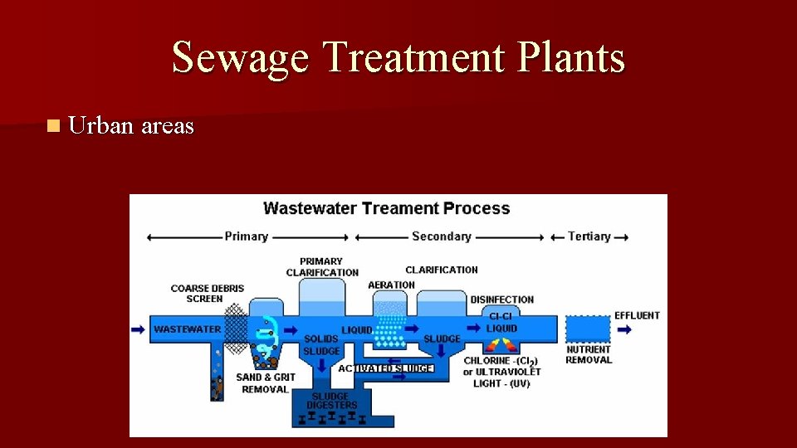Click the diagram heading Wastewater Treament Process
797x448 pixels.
[x=386, y=208]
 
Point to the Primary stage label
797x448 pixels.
[x=246, y=236]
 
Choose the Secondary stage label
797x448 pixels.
[x=441, y=236]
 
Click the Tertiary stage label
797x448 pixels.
[x=589, y=236]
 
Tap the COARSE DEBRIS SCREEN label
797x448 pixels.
[x=207, y=294]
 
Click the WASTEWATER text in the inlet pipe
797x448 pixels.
[x=187, y=329]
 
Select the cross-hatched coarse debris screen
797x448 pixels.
[x=237, y=329]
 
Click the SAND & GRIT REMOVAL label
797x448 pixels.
[x=266, y=383]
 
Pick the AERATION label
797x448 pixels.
[x=391, y=285]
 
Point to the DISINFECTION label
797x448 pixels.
[x=501, y=299]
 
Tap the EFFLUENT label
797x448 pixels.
[x=637, y=315]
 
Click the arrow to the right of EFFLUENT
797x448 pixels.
[x=624, y=329]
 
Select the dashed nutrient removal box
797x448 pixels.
[x=587, y=329]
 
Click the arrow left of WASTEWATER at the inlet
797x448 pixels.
[x=138, y=329]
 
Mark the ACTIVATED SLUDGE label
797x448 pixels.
[x=385, y=368]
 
